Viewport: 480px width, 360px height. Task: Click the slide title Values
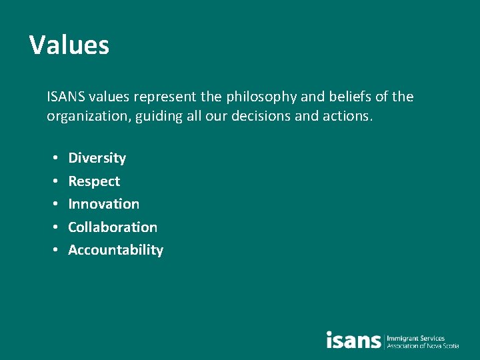[69, 45]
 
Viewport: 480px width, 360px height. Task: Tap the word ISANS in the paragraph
[65, 97]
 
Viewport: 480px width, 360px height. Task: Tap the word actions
[350, 117]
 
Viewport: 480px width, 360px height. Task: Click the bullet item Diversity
[97, 158]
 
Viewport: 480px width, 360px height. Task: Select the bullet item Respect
[94, 181]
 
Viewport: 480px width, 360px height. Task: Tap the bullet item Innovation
[103, 204]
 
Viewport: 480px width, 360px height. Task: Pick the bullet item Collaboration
[113, 227]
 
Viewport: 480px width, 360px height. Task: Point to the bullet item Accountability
[115, 250]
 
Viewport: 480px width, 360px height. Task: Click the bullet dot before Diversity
[53, 159]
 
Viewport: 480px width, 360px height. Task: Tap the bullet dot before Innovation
[53, 205]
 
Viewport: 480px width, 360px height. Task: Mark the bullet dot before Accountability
[53, 251]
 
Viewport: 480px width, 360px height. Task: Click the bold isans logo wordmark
[353, 340]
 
